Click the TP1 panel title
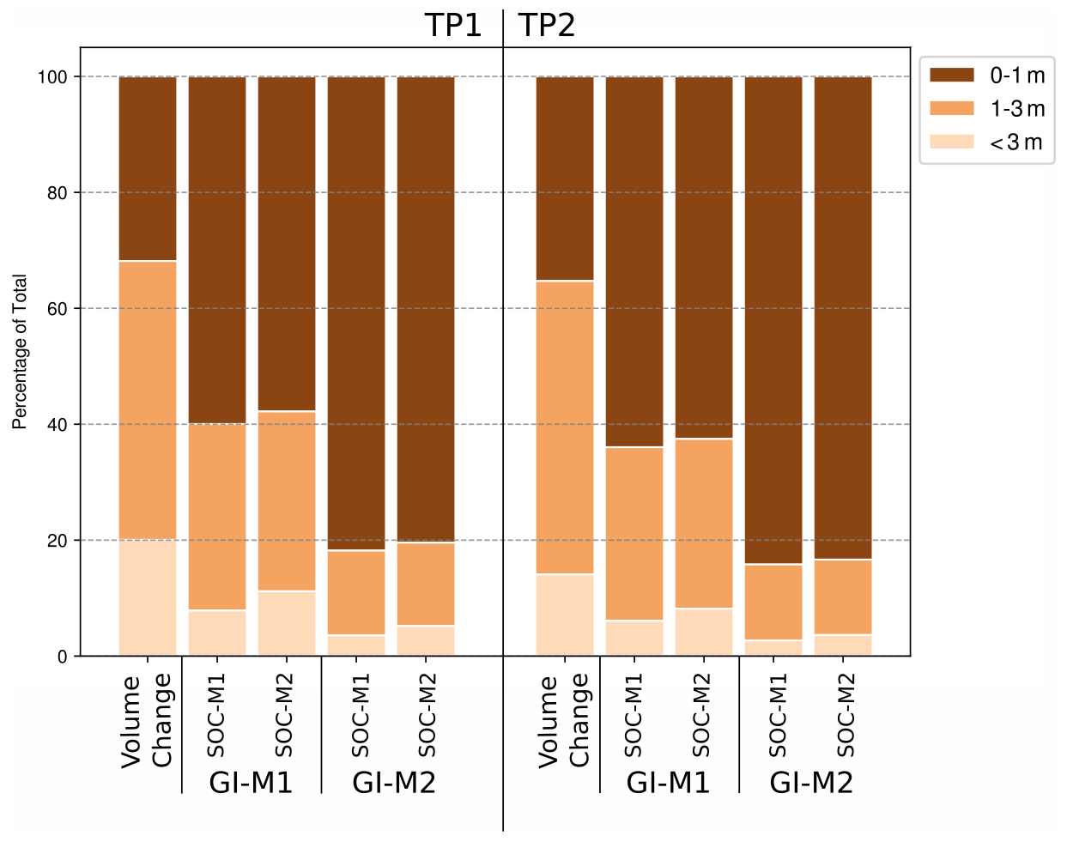coord(452,26)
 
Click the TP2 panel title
coord(547,26)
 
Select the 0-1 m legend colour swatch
coord(952,76)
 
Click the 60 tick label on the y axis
coord(57,309)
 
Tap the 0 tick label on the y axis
coord(62,657)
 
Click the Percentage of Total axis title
coord(21,352)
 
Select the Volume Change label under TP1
coord(147,721)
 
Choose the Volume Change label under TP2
coord(564,721)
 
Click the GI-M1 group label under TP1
coord(252,783)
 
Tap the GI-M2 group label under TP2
coord(811,783)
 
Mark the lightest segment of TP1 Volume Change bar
coord(148,598)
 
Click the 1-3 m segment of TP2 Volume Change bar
coord(565,427)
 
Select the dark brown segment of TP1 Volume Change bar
coord(148,169)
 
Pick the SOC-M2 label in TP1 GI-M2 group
coord(427,715)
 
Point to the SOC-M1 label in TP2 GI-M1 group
coord(634,715)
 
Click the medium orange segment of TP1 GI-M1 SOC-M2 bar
coord(287,501)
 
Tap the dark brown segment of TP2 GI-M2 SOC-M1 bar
coord(773,320)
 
